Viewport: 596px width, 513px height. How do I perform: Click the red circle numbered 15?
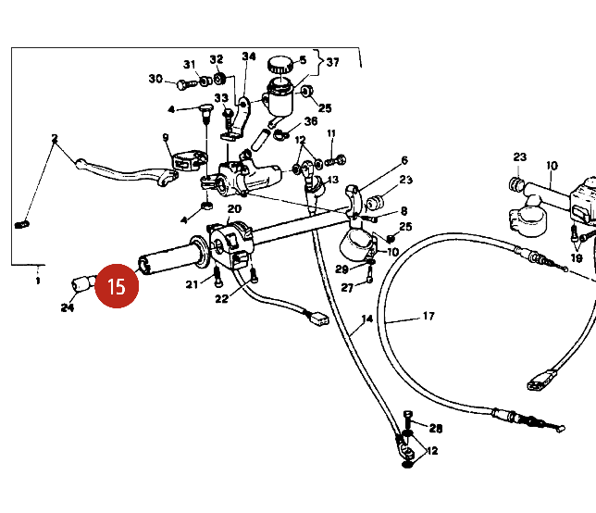pos(117,285)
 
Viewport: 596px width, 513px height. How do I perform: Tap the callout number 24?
pos(67,307)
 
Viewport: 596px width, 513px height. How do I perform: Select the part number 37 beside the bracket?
pos(332,63)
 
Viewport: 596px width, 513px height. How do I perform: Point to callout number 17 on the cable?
pos(428,316)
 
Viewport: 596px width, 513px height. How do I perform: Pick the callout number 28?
pos(436,428)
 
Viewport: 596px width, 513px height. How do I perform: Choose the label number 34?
pos(248,56)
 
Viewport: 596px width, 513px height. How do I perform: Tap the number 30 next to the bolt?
pos(155,79)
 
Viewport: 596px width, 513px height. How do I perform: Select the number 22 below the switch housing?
pos(221,298)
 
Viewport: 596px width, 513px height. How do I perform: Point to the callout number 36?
pos(311,120)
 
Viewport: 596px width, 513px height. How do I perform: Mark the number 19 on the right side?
pos(576,258)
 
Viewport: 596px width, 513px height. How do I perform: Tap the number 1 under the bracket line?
pos(38,279)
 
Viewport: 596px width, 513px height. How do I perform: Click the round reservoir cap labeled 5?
pos(280,64)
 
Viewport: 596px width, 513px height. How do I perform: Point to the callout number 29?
pos(341,269)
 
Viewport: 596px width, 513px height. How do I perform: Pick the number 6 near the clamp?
pos(404,160)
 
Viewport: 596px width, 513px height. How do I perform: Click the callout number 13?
pos(333,180)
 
